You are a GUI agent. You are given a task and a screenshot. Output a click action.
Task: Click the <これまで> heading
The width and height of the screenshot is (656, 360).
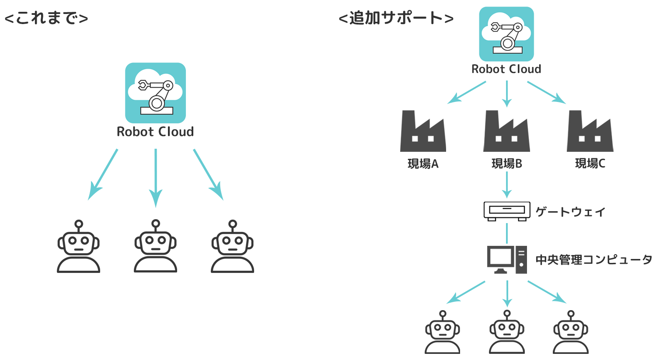[x=46, y=18]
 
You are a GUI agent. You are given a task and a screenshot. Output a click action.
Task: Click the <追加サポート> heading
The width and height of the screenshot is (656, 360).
[x=396, y=18]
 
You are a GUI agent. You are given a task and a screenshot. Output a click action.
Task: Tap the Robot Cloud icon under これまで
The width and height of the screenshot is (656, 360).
[x=155, y=93]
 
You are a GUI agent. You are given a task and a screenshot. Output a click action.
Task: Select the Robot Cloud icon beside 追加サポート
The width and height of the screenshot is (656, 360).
[x=506, y=34]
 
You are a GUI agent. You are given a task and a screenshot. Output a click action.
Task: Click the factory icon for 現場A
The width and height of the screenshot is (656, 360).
[x=423, y=131]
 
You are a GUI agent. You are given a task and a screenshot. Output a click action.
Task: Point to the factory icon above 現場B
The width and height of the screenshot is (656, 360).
[x=506, y=131]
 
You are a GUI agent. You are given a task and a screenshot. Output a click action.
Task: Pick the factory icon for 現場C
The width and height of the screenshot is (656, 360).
[x=590, y=131]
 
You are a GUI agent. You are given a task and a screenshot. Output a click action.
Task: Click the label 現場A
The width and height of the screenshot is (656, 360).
[x=423, y=164]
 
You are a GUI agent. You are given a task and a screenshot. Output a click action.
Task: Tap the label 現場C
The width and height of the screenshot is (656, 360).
[x=590, y=164]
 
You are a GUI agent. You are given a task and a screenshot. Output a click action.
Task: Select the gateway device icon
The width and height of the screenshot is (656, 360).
[x=507, y=211]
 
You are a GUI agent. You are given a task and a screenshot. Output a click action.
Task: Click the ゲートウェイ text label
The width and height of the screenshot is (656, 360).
[x=571, y=212]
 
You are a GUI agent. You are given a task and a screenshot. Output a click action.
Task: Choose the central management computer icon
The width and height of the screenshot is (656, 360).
[x=507, y=259]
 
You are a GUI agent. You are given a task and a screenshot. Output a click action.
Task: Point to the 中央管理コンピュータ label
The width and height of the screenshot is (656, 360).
[x=594, y=260]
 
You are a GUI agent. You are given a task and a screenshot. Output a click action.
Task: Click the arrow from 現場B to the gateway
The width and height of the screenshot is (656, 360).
[x=507, y=185]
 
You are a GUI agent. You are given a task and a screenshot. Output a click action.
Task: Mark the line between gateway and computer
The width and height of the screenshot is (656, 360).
[x=507, y=234]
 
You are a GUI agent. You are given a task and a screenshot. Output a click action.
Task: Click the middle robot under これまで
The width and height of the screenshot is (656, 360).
[x=155, y=247]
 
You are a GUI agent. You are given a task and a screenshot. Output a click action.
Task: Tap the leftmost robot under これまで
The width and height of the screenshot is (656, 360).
[x=79, y=247]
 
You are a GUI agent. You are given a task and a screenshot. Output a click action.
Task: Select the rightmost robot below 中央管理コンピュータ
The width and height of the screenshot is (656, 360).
[x=571, y=332]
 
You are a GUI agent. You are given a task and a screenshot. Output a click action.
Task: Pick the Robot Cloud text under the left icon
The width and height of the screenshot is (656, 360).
[x=155, y=132]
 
